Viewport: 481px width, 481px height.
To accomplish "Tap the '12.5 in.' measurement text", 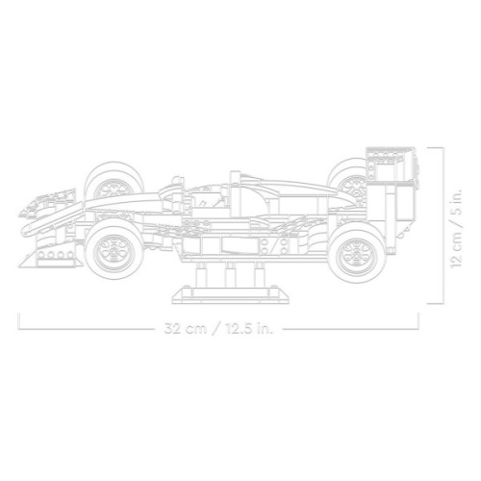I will pyautogui.click(x=244, y=328).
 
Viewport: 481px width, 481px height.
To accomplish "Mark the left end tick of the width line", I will pyautogui.click(x=20, y=320).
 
